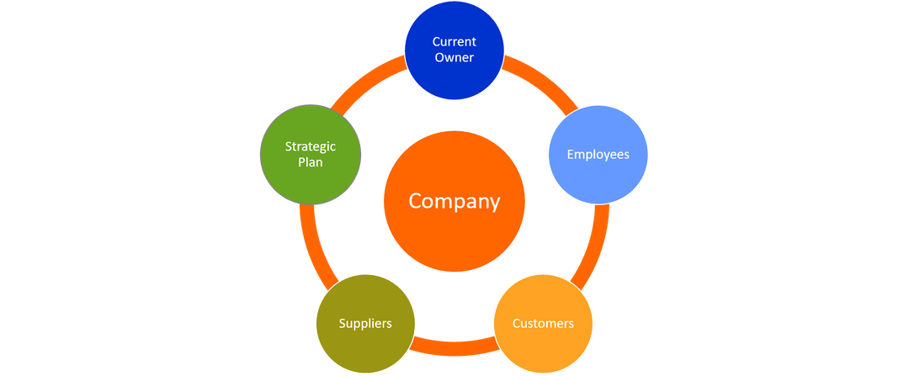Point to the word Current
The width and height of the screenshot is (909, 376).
[454, 42]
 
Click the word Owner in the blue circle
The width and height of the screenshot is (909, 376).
[454, 58]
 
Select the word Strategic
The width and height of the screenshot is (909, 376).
[311, 146]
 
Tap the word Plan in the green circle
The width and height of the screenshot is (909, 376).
[311, 162]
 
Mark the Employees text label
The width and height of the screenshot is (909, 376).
[598, 155]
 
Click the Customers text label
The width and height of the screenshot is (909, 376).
[543, 323]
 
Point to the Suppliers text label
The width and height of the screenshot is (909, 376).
[365, 323]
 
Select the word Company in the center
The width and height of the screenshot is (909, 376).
[454, 202]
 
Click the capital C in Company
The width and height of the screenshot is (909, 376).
[415, 202]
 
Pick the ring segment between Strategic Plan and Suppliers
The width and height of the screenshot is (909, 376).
[309, 244]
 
